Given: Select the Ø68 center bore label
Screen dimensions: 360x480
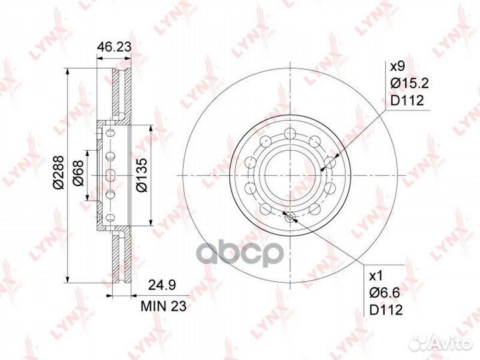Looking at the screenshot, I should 79,175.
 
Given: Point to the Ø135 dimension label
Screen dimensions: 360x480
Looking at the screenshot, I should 142,175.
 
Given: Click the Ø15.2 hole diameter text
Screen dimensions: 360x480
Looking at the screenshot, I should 408,83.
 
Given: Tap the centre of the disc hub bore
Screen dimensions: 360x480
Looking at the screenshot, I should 289,175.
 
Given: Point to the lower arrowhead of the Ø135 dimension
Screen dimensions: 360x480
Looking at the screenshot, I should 155,225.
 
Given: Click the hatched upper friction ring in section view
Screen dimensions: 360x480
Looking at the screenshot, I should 118,93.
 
